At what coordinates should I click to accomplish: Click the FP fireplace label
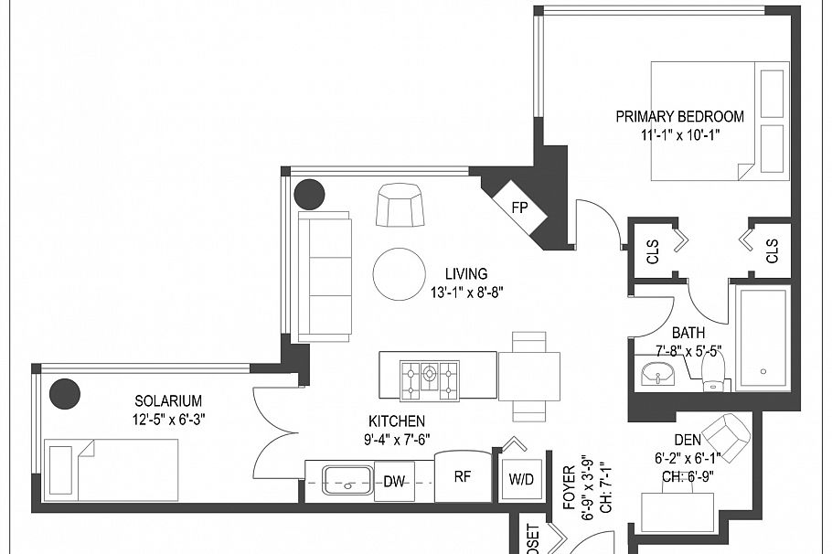click(519, 208)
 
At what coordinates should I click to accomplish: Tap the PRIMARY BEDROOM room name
click(679, 117)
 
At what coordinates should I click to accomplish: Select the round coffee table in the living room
click(400, 273)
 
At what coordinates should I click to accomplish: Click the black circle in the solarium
click(65, 393)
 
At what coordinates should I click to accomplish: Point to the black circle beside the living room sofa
click(309, 194)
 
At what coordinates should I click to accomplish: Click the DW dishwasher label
click(395, 480)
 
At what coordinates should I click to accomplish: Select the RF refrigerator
click(464, 475)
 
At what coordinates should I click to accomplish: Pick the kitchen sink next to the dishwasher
click(347, 479)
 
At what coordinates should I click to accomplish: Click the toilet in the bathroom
click(712, 371)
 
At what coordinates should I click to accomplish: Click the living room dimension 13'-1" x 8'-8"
click(466, 293)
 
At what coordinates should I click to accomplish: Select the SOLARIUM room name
click(168, 400)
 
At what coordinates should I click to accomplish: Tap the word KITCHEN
click(397, 421)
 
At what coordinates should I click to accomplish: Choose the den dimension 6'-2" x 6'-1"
click(688, 457)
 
